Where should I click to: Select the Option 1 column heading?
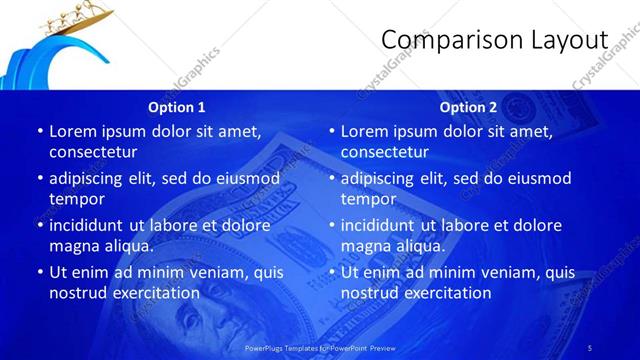[177, 107]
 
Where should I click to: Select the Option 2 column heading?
[468, 107]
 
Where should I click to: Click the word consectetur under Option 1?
[93, 152]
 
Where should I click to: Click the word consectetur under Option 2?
[385, 152]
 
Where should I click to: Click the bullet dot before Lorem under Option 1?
[40, 131]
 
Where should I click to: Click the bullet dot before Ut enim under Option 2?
[332, 272]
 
